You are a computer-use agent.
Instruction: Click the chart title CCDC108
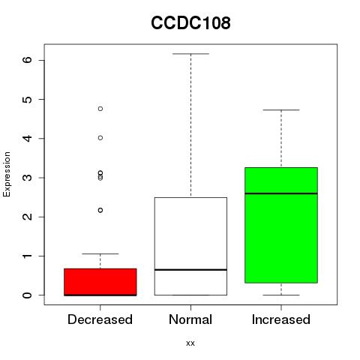(190, 22)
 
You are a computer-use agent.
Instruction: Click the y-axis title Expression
(7, 174)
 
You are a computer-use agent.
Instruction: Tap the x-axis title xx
(190, 343)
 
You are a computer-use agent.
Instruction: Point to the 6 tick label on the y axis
(28, 60)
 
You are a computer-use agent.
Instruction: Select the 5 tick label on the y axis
(28, 99)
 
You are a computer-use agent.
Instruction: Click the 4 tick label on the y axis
(28, 138)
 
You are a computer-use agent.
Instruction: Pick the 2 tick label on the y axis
(28, 217)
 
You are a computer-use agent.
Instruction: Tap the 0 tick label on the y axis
(28, 295)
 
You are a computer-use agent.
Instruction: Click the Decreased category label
(100, 319)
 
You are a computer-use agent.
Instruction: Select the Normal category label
(190, 319)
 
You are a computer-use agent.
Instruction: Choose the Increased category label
(281, 319)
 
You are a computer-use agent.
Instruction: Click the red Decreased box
(100, 282)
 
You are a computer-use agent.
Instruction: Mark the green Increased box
(281, 225)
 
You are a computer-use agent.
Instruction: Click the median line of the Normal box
(190, 270)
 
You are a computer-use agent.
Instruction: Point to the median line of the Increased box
(281, 193)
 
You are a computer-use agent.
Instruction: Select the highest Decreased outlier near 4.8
(100, 109)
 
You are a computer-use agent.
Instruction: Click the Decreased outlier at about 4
(100, 138)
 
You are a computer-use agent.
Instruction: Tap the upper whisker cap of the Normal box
(190, 54)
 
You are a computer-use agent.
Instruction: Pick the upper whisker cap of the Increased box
(281, 109)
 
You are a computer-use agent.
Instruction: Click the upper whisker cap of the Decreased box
(100, 253)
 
